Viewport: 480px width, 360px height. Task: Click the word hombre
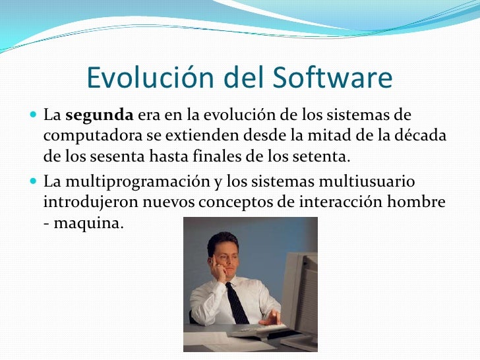[418, 201]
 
